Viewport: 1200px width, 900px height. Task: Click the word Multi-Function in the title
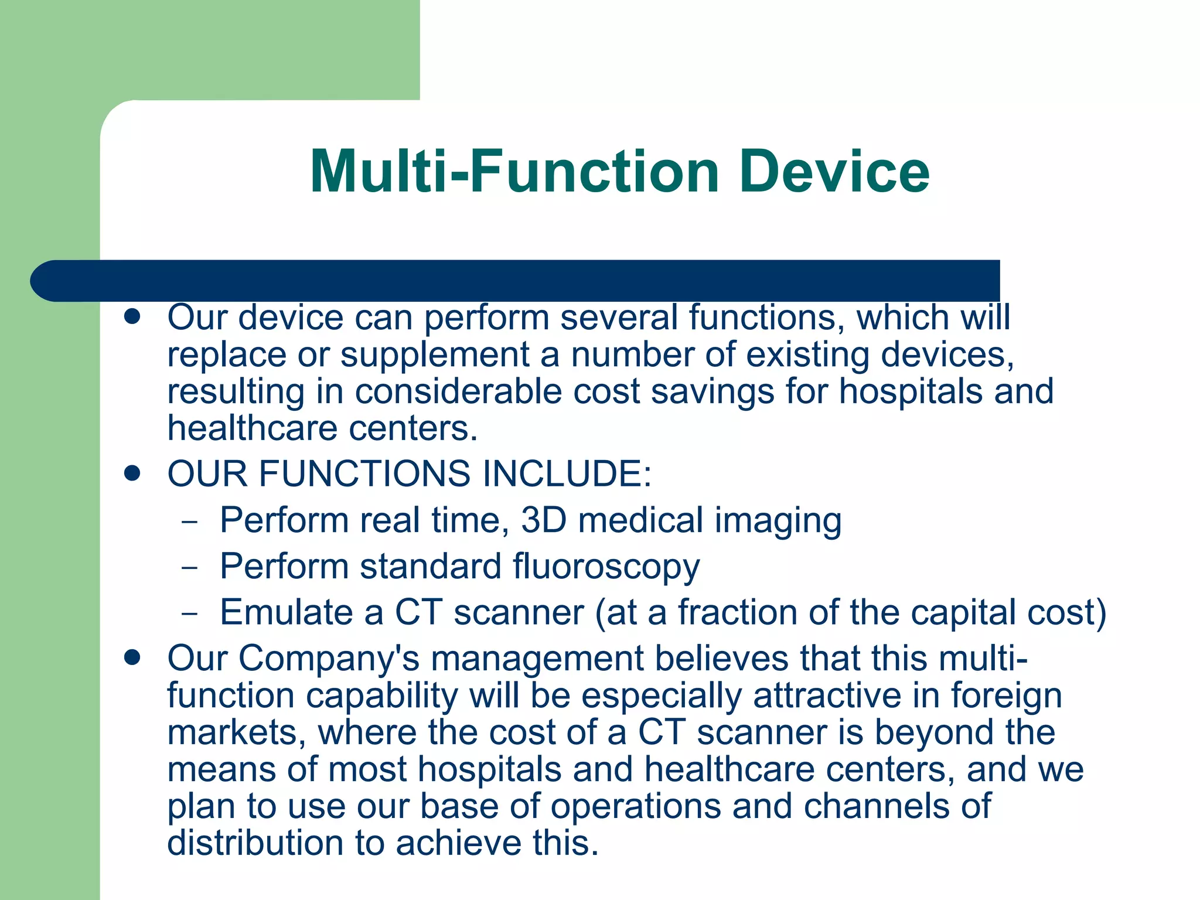[x=514, y=171]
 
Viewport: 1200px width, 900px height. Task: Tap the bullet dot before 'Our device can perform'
[x=132, y=317]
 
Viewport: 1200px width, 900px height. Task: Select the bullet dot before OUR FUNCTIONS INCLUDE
[x=132, y=473]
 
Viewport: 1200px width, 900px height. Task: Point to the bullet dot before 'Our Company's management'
[x=132, y=657]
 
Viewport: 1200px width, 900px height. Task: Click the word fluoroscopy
[x=606, y=567]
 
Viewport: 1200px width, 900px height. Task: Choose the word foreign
[x=1006, y=696]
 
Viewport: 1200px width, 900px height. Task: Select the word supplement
[x=435, y=355]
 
